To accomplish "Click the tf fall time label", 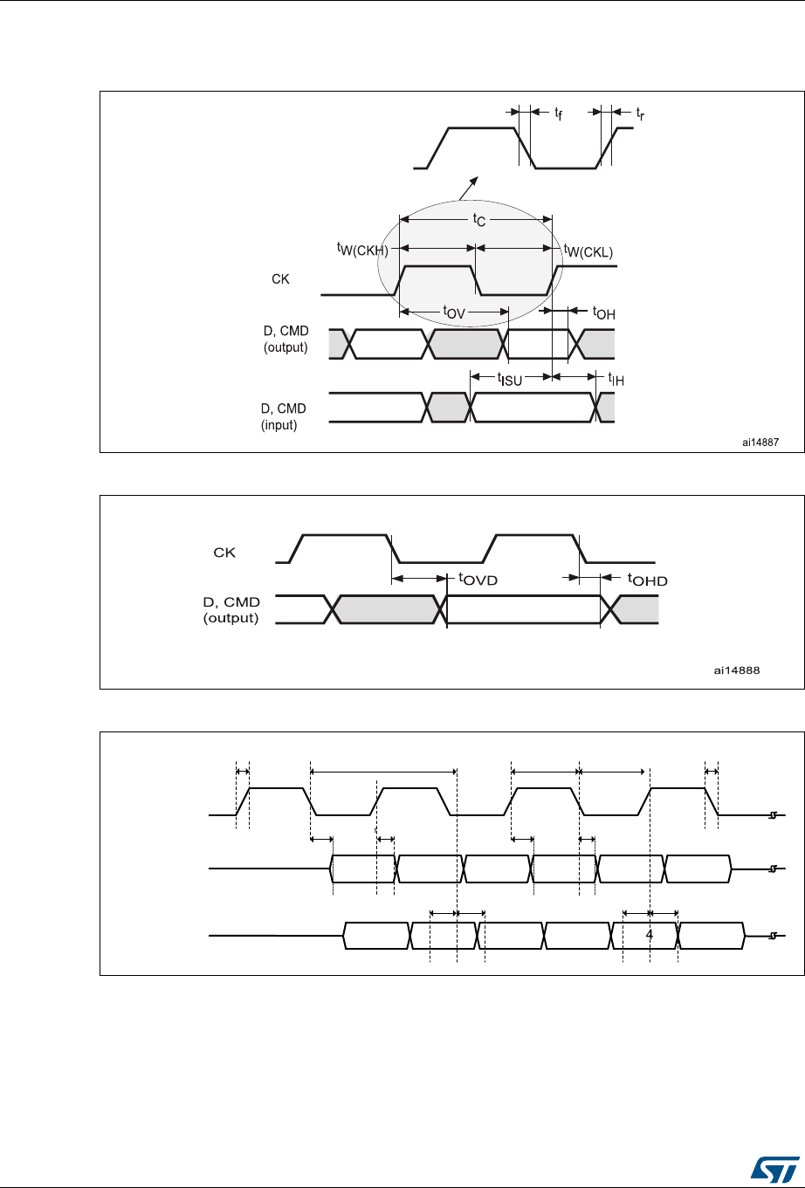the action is pos(558,113).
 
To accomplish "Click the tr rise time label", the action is pos(640,113).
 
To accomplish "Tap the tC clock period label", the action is pos(478,220).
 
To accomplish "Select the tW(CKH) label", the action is pos(362,250).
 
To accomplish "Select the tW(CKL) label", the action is pos(588,251).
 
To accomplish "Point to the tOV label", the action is pos(454,312).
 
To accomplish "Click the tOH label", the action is pos(604,312).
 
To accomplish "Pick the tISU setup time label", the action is pos(509,379).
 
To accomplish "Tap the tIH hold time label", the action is pos(616,379).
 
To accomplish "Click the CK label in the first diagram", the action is pos(280,279).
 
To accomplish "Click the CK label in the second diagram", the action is pos(224,553).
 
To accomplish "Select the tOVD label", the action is pos(478,579).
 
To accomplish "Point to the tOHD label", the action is pos(647,580).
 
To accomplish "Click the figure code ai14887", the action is pos(760,443).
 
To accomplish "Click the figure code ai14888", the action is pos(737,670).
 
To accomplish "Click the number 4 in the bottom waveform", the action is pos(649,935).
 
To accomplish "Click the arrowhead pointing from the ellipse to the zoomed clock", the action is pos(474,181).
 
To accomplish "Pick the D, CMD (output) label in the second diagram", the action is pos(231,610).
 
